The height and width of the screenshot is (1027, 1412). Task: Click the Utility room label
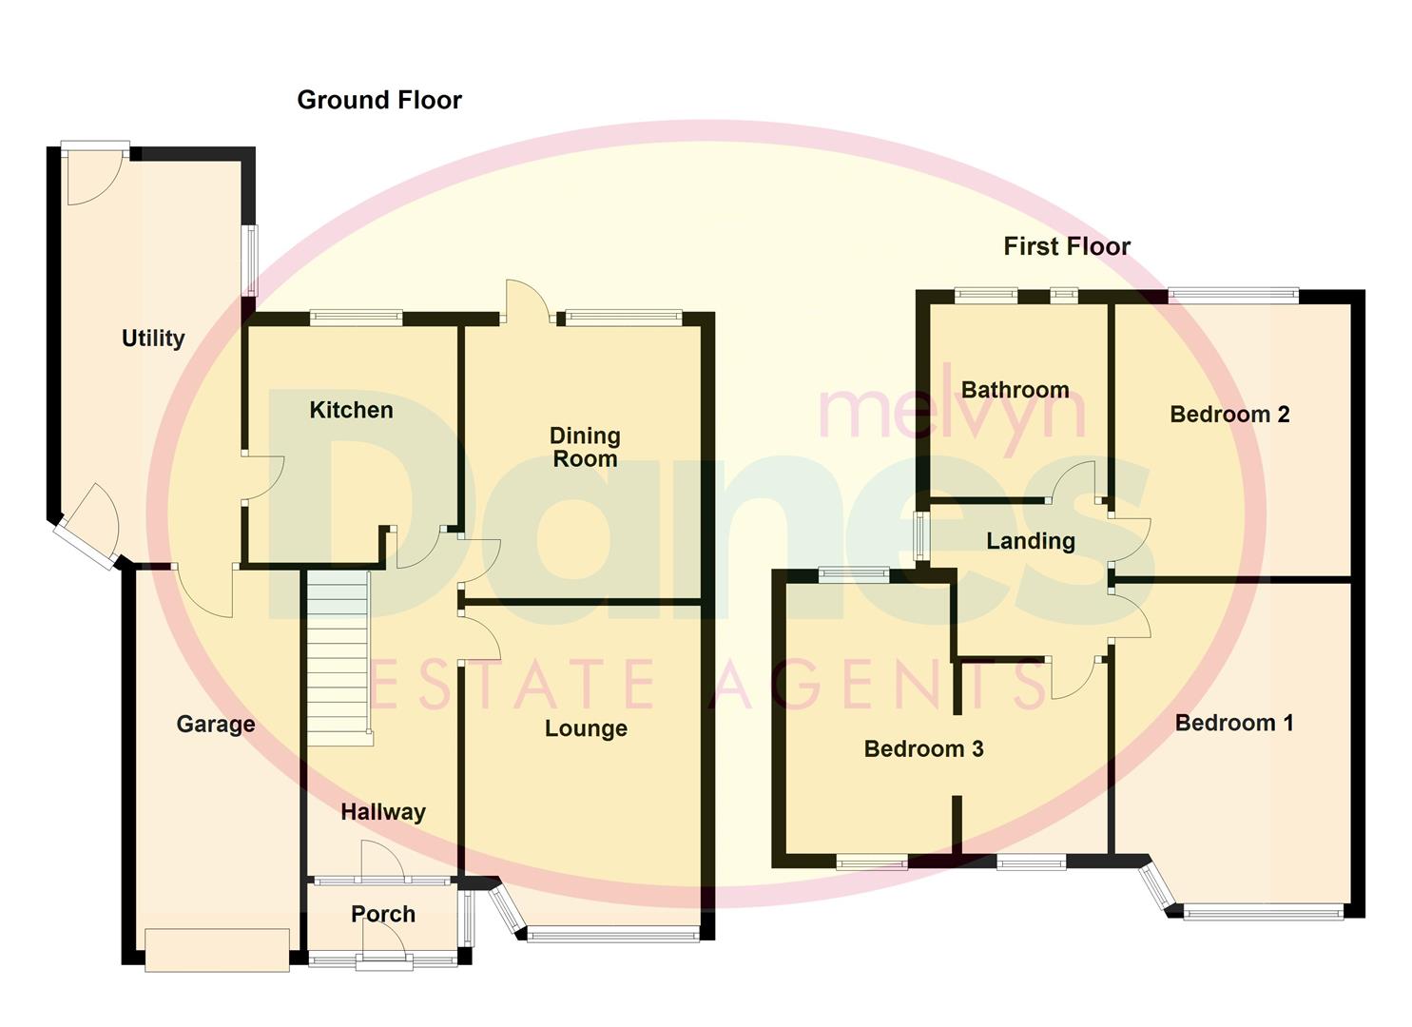pyautogui.click(x=152, y=339)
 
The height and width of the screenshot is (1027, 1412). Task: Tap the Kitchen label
pyautogui.click(x=351, y=410)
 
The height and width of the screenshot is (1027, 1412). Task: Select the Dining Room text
pyautogui.click(x=585, y=447)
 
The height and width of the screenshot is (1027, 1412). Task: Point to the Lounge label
pyautogui.click(x=586, y=728)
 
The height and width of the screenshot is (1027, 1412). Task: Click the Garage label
pyautogui.click(x=216, y=725)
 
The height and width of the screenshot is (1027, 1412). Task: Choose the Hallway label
pyautogui.click(x=383, y=812)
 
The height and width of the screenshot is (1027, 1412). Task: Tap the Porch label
pyautogui.click(x=383, y=914)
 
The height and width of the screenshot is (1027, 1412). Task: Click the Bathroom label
pyautogui.click(x=1015, y=390)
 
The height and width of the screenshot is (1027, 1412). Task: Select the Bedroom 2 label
pyautogui.click(x=1229, y=415)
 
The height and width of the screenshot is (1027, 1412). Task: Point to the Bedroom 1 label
pyautogui.click(x=1234, y=723)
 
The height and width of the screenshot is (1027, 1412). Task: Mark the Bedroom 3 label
pyautogui.click(x=923, y=749)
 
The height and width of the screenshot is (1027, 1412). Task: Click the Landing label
pyautogui.click(x=1031, y=541)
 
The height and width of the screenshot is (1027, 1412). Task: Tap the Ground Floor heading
pyautogui.click(x=379, y=100)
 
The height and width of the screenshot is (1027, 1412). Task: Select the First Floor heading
pyautogui.click(x=1067, y=246)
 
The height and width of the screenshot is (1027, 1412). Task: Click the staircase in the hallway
pyautogui.click(x=338, y=651)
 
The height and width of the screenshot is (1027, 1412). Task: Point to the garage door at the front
pyautogui.click(x=217, y=950)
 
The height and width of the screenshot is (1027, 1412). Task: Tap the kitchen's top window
pyautogui.click(x=356, y=319)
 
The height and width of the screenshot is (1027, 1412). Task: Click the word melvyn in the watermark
pyautogui.click(x=951, y=411)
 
